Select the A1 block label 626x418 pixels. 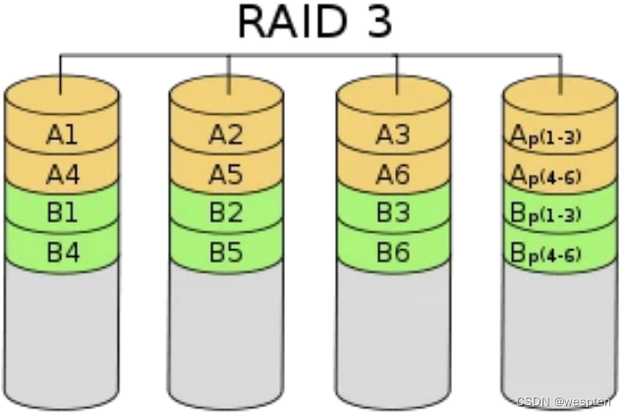click(62, 135)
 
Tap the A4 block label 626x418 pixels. click(62, 174)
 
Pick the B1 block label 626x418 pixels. click(62, 212)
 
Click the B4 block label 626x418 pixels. click(62, 250)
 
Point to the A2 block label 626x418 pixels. click(227, 135)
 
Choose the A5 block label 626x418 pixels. click(227, 174)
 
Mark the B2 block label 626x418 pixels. click(227, 212)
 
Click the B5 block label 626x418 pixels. click(227, 250)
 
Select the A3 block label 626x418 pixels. click(394, 135)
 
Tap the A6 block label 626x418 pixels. click(394, 174)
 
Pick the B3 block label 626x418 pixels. click(394, 212)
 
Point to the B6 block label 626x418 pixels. click(394, 250)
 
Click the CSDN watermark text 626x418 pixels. click(563, 401)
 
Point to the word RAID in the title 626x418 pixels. click(288, 22)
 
